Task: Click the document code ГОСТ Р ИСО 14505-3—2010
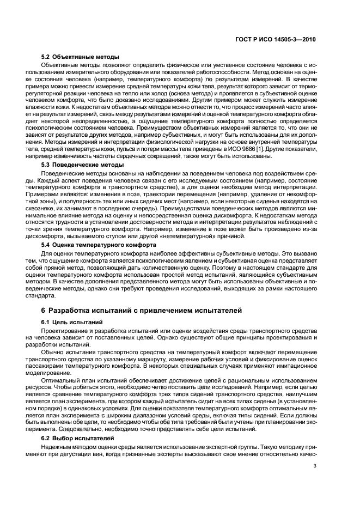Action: (282, 40)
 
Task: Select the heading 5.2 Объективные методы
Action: (80, 57)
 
